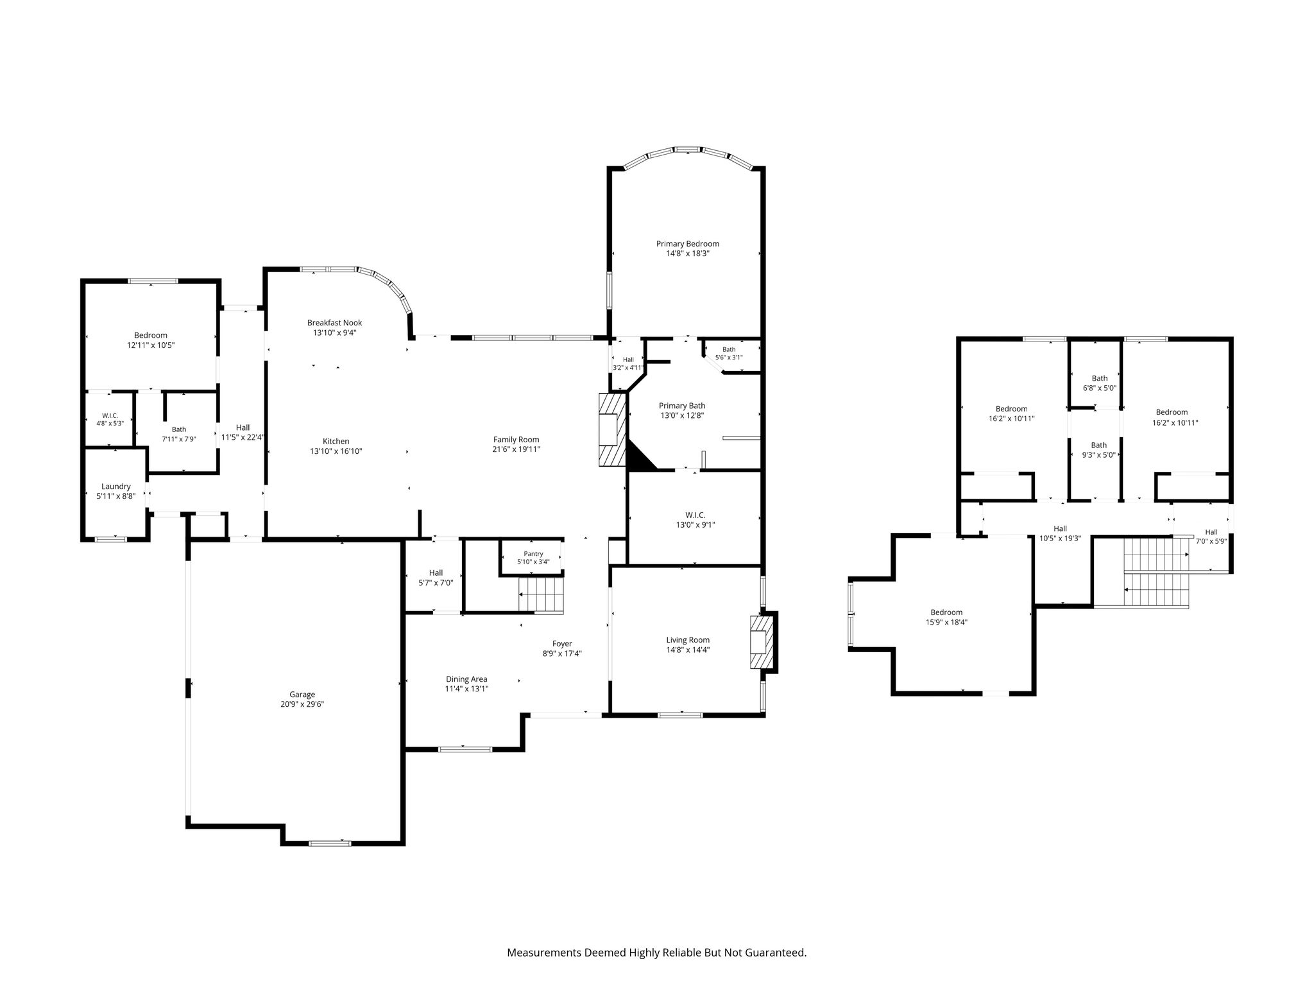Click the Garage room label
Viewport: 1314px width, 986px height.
tap(302, 694)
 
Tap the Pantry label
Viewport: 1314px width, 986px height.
tap(533, 554)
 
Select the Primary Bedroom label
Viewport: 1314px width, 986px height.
tap(687, 243)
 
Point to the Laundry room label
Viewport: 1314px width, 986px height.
tap(116, 487)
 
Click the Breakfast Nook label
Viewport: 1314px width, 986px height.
tap(334, 323)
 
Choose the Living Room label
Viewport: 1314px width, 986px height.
tap(688, 640)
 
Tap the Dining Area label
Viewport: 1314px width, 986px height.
tap(466, 679)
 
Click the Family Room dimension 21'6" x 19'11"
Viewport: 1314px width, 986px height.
tap(516, 449)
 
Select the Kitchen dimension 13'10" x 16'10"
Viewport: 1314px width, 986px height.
tap(336, 451)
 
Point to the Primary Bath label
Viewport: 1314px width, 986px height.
tap(682, 406)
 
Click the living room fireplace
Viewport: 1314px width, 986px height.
tap(762, 642)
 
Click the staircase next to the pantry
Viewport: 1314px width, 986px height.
tap(541, 594)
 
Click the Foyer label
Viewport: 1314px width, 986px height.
tap(562, 644)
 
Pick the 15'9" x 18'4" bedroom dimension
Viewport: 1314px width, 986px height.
tap(946, 622)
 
